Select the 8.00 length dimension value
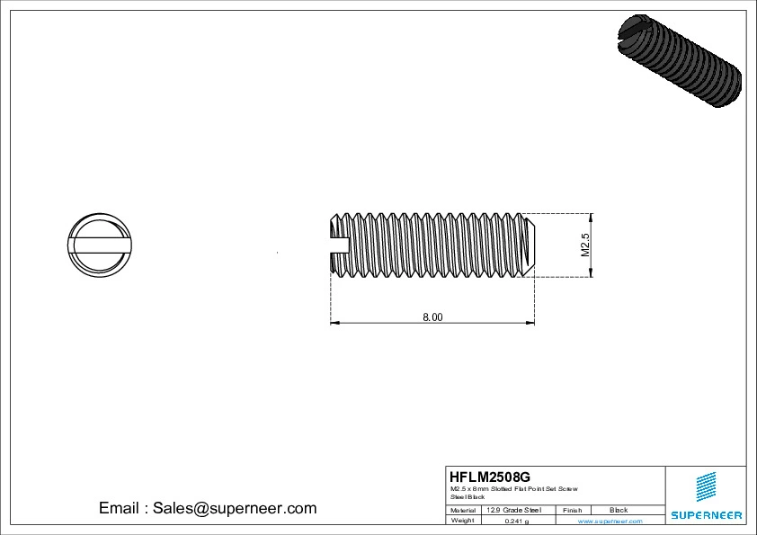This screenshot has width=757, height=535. pos(432,317)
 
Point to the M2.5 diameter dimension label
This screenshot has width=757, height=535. pos(583,245)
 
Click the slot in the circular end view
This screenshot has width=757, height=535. pos(99,243)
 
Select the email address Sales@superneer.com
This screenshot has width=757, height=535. pos(235,508)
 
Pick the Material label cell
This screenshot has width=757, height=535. pos(463,510)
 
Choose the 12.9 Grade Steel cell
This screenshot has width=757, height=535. pos(513,510)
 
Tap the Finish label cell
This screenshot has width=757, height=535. pos(572,510)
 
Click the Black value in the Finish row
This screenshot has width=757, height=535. pos(619,510)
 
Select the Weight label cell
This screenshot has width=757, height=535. pos(462,520)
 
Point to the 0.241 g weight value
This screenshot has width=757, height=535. pos(516,521)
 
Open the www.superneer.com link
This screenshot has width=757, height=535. pos(610,521)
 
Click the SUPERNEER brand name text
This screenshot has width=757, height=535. pos(706,515)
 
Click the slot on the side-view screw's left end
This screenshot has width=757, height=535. pos(340,244)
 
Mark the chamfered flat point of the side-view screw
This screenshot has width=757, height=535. pos(531,245)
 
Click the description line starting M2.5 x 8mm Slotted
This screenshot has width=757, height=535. pos(514,488)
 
